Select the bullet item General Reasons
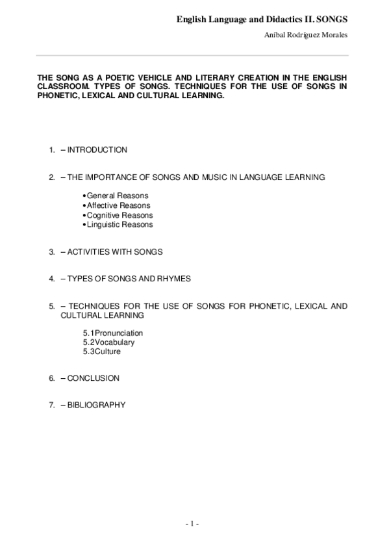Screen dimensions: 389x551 pos(117,196)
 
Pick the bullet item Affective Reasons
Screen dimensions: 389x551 pos(118,205)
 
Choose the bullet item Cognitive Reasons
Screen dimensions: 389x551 pos(119,215)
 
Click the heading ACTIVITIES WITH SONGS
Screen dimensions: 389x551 pos(115,251)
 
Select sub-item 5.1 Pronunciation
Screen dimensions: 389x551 pos(113,333)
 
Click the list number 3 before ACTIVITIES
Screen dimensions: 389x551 pos(51,251)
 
